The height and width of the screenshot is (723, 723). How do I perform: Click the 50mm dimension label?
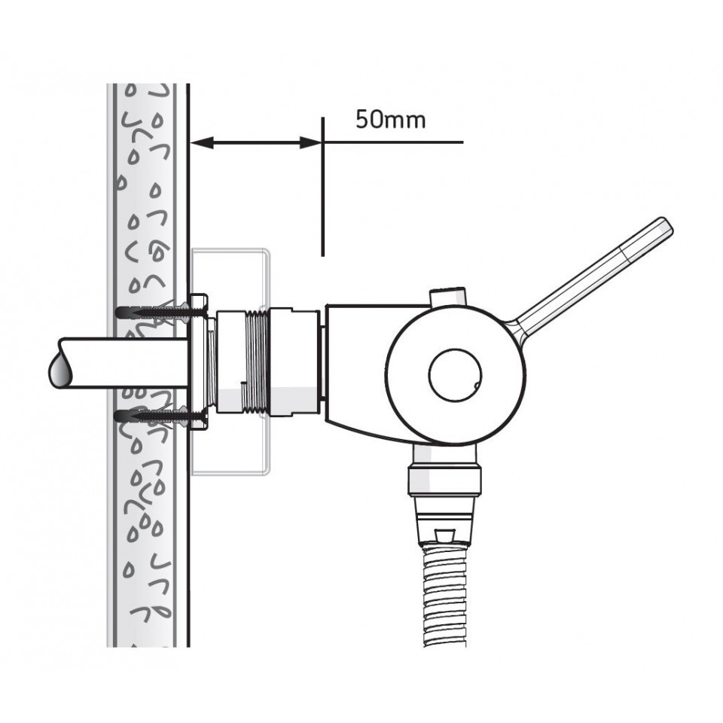[x=390, y=120]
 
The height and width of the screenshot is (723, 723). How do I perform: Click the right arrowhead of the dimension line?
[x=312, y=142]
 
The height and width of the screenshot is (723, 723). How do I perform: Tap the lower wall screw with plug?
[x=154, y=413]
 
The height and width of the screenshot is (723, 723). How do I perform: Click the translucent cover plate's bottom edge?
[x=230, y=473]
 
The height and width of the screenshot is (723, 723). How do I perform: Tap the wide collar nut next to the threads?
[x=294, y=361]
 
